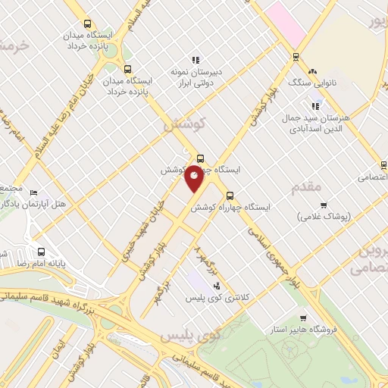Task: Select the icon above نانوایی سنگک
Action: (x=295, y=56)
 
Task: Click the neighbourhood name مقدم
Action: (x=306, y=185)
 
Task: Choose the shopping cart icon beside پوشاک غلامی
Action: (x=324, y=205)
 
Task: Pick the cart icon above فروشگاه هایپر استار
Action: (x=303, y=318)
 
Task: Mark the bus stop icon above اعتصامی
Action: (x=383, y=165)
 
